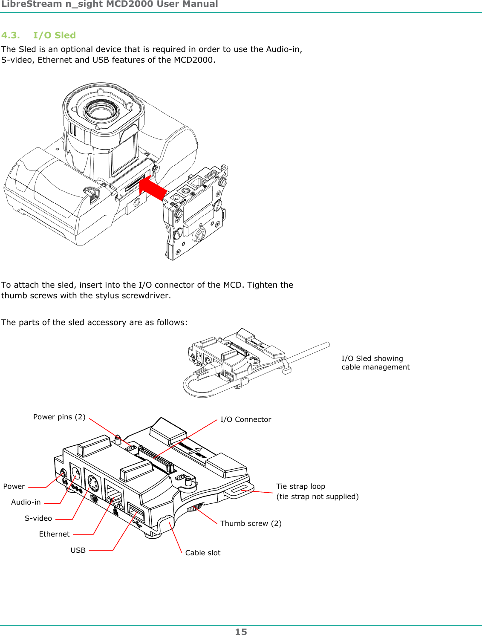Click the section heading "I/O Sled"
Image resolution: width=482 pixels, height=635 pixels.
(x=54, y=35)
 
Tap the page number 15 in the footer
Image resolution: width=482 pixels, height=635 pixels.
(x=241, y=632)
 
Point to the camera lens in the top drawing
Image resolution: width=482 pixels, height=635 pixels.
(x=101, y=111)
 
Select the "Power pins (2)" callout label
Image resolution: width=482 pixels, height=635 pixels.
(x=59, y=417)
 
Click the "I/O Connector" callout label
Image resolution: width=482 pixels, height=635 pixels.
(x=245, y=419)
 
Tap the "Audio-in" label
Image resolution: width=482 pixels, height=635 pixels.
(x=26, y=502)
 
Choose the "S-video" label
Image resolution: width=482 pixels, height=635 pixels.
(x=38, y=518)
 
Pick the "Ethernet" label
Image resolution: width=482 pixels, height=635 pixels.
(x=54, y=534)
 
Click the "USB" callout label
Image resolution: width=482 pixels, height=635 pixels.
(x=78, y=550)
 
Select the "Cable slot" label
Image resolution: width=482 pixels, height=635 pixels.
(x=203, y=553)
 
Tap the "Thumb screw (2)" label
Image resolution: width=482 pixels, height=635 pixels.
(x=251, y=523)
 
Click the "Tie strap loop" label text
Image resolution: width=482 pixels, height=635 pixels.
(x=300, y=486)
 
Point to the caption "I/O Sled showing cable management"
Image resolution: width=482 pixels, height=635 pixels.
(x=375, y=363)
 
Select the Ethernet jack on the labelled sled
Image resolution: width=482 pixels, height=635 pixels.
(x=114, y=496)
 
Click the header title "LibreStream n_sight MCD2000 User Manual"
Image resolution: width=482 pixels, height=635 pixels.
(x=110, y=4)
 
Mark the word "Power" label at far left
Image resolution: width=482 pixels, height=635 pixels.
(x=14, y=486)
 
